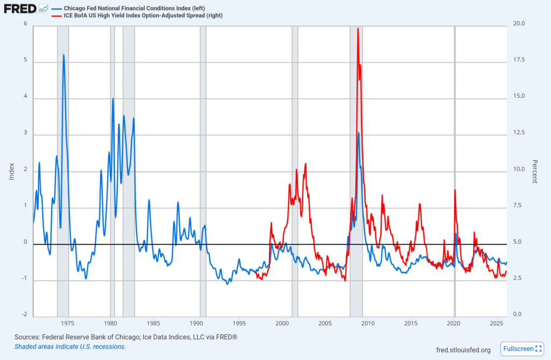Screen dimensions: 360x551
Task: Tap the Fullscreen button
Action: coord(521,349)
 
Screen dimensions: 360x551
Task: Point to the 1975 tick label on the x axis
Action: coord(68,323)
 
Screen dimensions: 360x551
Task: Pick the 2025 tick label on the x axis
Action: coord(497,323)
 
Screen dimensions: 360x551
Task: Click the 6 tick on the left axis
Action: coord(25,24)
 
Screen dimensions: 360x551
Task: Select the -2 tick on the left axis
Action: coord(24,314)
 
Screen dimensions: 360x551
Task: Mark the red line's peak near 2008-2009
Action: coord(358,29)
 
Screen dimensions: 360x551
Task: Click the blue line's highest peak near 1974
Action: coord(63,54)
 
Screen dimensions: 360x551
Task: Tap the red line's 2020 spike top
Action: coord(455,190)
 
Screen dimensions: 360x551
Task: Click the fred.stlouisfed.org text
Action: coord(463,350)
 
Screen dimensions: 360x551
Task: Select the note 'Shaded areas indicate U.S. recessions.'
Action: coord(70,347)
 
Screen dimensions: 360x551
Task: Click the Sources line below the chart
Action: coord(126,337)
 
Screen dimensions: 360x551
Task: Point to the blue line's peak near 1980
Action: coord(113,98)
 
